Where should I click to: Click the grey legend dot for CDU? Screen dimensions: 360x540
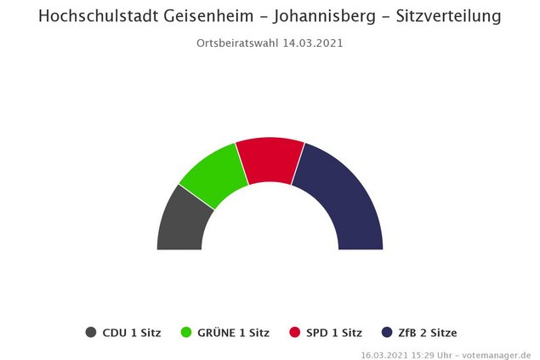(x=91, y=333)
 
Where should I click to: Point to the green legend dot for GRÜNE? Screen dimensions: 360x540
(x=189, y=333)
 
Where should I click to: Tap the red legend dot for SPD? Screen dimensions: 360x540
(x=295, y=333)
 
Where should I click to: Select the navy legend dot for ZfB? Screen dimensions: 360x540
(x=387, y=333)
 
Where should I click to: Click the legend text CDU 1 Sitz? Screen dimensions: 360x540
(x=131, y=333)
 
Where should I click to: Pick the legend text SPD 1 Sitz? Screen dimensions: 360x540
(x=334, y=333)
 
